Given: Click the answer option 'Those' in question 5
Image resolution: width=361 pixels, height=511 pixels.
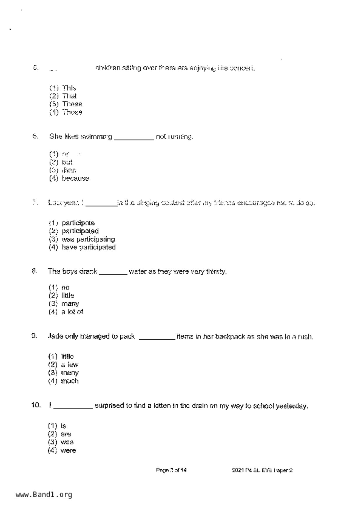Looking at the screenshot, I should click(x=72, y=112).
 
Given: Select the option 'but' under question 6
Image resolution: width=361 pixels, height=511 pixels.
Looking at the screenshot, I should click(x=67, y=162).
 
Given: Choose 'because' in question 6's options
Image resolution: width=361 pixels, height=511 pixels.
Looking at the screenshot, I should click(x=75, y=179).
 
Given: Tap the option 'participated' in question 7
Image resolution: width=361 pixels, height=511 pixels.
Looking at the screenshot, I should click(x=80, y=231).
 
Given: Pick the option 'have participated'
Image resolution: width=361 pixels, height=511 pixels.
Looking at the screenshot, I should click(x=88, y=247).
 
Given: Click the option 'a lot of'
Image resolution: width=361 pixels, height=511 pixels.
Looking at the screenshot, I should click(x=72, y=312).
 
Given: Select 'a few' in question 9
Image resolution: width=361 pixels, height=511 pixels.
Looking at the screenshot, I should click(x=70, y=365).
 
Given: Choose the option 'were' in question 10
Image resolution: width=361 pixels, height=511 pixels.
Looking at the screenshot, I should click(x=68, y=450).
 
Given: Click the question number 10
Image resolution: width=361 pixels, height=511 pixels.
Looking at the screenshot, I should click(x=36, y=405).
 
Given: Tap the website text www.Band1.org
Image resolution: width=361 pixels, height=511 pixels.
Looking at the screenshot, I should click(x=44, y=495).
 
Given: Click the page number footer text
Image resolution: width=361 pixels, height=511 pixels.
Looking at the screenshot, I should click(x=171, y=470).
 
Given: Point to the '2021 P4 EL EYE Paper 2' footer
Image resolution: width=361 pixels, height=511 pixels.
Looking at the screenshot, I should click(x=262, y=470).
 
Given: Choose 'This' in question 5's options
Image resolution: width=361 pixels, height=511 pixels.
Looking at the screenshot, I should click(x=69, y=88).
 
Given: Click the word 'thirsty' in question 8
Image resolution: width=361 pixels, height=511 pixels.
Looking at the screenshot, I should click(x=216, y=272).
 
